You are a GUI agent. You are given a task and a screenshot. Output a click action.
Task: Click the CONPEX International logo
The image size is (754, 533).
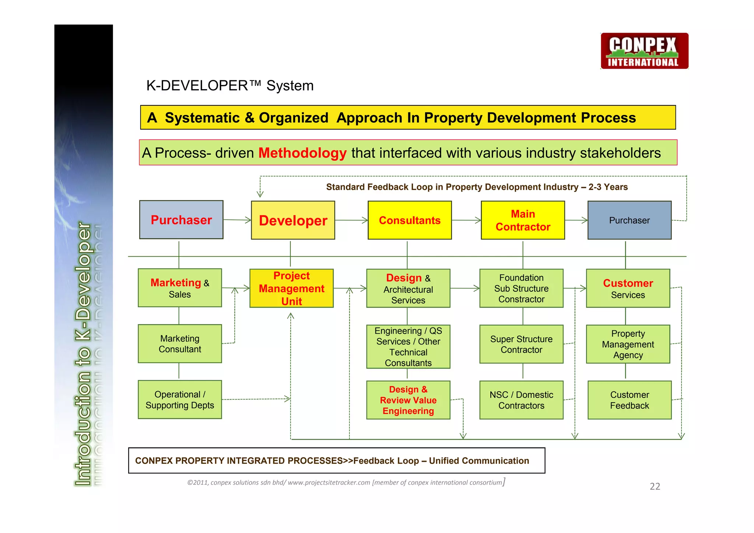644,51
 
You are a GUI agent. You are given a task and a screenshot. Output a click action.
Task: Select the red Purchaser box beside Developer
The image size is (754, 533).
181,220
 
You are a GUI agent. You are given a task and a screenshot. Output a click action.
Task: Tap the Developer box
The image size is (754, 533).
293,220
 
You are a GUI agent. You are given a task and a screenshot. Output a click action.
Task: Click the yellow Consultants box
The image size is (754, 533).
409,220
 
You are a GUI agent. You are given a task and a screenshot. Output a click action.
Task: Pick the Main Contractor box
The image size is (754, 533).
522,220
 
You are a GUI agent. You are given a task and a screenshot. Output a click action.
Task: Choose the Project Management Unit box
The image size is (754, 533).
291,288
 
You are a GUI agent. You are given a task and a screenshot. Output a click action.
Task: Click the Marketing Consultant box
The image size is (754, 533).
180,344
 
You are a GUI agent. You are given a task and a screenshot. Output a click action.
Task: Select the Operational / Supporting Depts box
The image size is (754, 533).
180,400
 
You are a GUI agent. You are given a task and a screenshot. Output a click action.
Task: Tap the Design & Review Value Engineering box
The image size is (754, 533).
408,400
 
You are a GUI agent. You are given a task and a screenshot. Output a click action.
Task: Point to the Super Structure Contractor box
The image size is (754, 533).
521,344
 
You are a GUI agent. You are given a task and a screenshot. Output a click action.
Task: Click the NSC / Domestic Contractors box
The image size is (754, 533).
521,400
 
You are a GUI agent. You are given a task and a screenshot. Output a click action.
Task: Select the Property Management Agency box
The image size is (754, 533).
628,344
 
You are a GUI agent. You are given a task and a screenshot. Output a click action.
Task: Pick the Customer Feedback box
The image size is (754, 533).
629,400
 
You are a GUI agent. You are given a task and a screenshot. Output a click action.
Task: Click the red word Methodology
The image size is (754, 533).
302,153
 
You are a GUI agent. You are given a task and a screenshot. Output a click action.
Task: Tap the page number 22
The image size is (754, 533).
655,487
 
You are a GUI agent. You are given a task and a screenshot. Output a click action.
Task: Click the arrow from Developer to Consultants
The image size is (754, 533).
351,220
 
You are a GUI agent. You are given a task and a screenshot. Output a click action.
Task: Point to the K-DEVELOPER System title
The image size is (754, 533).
230,85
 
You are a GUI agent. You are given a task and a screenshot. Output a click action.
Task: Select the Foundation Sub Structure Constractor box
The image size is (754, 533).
521,288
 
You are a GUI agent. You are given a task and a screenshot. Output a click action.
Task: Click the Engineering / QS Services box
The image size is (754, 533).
408,347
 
